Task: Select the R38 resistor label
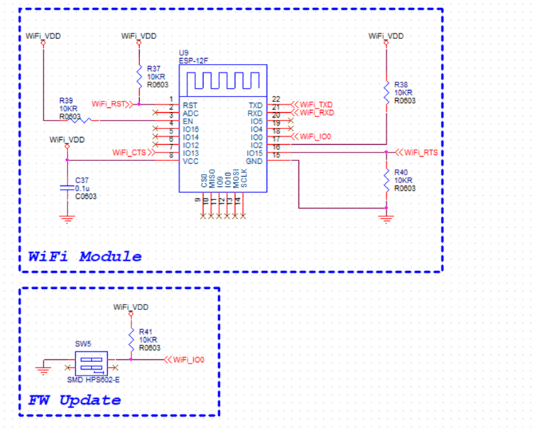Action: coord(402,84)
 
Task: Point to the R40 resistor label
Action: coord(402,172)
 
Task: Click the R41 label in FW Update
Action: coord(146,331)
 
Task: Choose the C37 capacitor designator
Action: coord(83,180)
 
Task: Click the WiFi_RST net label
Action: coord(109,104)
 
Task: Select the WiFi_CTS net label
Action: coord(129,153)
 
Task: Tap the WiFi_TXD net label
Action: coord(316,104)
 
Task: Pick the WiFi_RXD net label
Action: coord(316,113)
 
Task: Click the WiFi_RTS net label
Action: coord(420,153)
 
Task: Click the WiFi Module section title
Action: coord(85,256)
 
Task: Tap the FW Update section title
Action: coord(74,400)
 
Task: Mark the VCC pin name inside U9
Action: coord(190,161)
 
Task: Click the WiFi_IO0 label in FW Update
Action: coord(188,360)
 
